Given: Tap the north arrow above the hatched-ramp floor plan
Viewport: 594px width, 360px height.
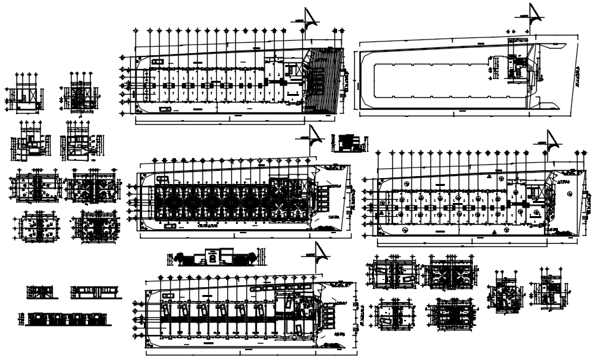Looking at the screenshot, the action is [312, 18].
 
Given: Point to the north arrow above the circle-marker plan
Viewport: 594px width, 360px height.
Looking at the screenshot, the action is [551, 141].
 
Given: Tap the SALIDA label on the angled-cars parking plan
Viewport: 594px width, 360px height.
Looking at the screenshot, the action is [340, 334].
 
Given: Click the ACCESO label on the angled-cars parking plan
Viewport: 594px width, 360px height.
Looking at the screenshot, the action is [340, 303].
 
